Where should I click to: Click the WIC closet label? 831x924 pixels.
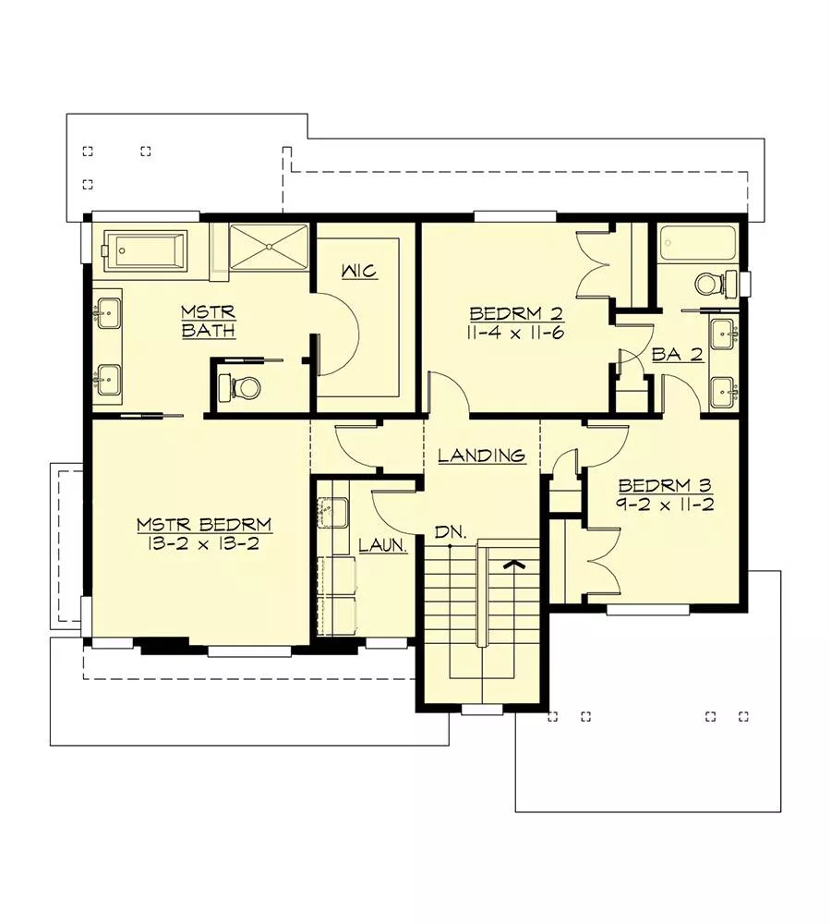coord(359,272)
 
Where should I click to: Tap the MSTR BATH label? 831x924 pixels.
coord(208,322)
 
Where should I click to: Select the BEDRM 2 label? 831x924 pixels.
coord(517,313)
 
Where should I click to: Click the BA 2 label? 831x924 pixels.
coord(678,355)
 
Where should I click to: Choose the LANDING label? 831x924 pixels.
coord(481,455)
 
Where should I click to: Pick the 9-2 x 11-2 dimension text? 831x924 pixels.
coord(666,505)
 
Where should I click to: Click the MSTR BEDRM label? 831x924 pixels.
coord(204,524)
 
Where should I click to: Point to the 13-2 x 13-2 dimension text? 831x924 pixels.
coord(204,542)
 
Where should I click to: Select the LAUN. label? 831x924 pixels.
coord(383,545)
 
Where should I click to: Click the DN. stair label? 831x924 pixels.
coord(451,533)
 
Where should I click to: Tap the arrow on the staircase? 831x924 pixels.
coord(514,565)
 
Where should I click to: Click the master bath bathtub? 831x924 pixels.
coord(144,251)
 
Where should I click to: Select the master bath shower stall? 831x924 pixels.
coord(268,247)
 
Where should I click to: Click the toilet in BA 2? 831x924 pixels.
coord(715,284)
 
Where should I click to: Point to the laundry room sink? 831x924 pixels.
coord(332,512)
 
